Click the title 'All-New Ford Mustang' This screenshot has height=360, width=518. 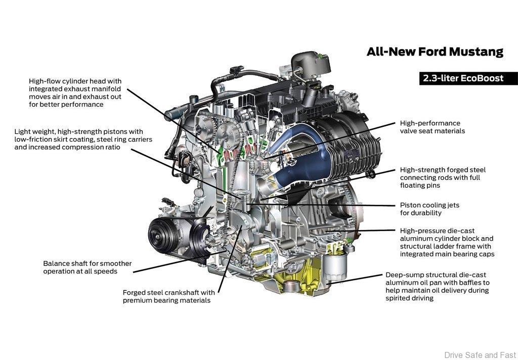coord(435,52)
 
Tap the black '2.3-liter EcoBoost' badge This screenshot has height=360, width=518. coord(468,78)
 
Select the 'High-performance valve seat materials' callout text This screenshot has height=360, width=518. coord(432,127)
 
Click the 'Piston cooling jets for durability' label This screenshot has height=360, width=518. coord(429,209)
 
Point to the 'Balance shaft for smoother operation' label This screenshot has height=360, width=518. coord(87,267)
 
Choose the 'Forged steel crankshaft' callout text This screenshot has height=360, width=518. coord(168,296)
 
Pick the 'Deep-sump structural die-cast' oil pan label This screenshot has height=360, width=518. coord(438,286)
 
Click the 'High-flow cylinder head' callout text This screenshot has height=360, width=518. coord(75,93)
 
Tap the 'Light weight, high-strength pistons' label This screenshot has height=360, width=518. coord(83,139)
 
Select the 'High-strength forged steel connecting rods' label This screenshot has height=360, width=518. coord(443,177)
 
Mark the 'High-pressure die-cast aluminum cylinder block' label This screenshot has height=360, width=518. coord(447,242)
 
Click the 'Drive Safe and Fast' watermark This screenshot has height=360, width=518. coord(481,355)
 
